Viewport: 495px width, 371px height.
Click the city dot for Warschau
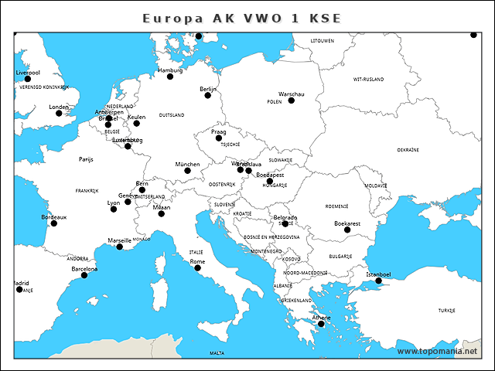(x=292, y=100)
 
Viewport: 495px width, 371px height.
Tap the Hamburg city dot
(x=170, y=77)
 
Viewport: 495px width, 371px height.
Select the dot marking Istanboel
(x=379, y=281)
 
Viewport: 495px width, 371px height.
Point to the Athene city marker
(x=321, y=324)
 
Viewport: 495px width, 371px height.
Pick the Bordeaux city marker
(x=54, y=223)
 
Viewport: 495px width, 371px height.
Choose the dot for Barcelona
(x=84, y=275)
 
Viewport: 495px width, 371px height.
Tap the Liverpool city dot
(x=28, y=79)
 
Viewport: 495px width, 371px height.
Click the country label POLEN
(x=275, y=101)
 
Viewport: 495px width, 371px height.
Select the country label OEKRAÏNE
(x=408, y=149)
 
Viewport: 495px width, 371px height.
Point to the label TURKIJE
(x=447, y=310)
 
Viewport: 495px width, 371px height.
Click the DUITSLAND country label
(x=172, y=114)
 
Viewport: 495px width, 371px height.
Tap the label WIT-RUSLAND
(x=368, y=79)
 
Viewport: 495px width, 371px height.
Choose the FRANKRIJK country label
(x=87, y=190)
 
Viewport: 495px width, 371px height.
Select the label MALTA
(x=217, y=353)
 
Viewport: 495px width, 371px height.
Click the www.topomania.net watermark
(x=437, y=351)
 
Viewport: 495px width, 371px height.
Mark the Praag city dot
(x=219, y=138)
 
